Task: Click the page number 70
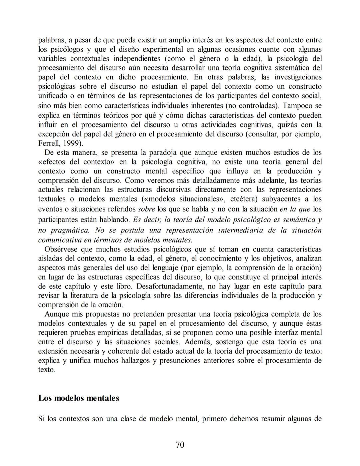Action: coord(180,444)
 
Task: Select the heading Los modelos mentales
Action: coord(79,398)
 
